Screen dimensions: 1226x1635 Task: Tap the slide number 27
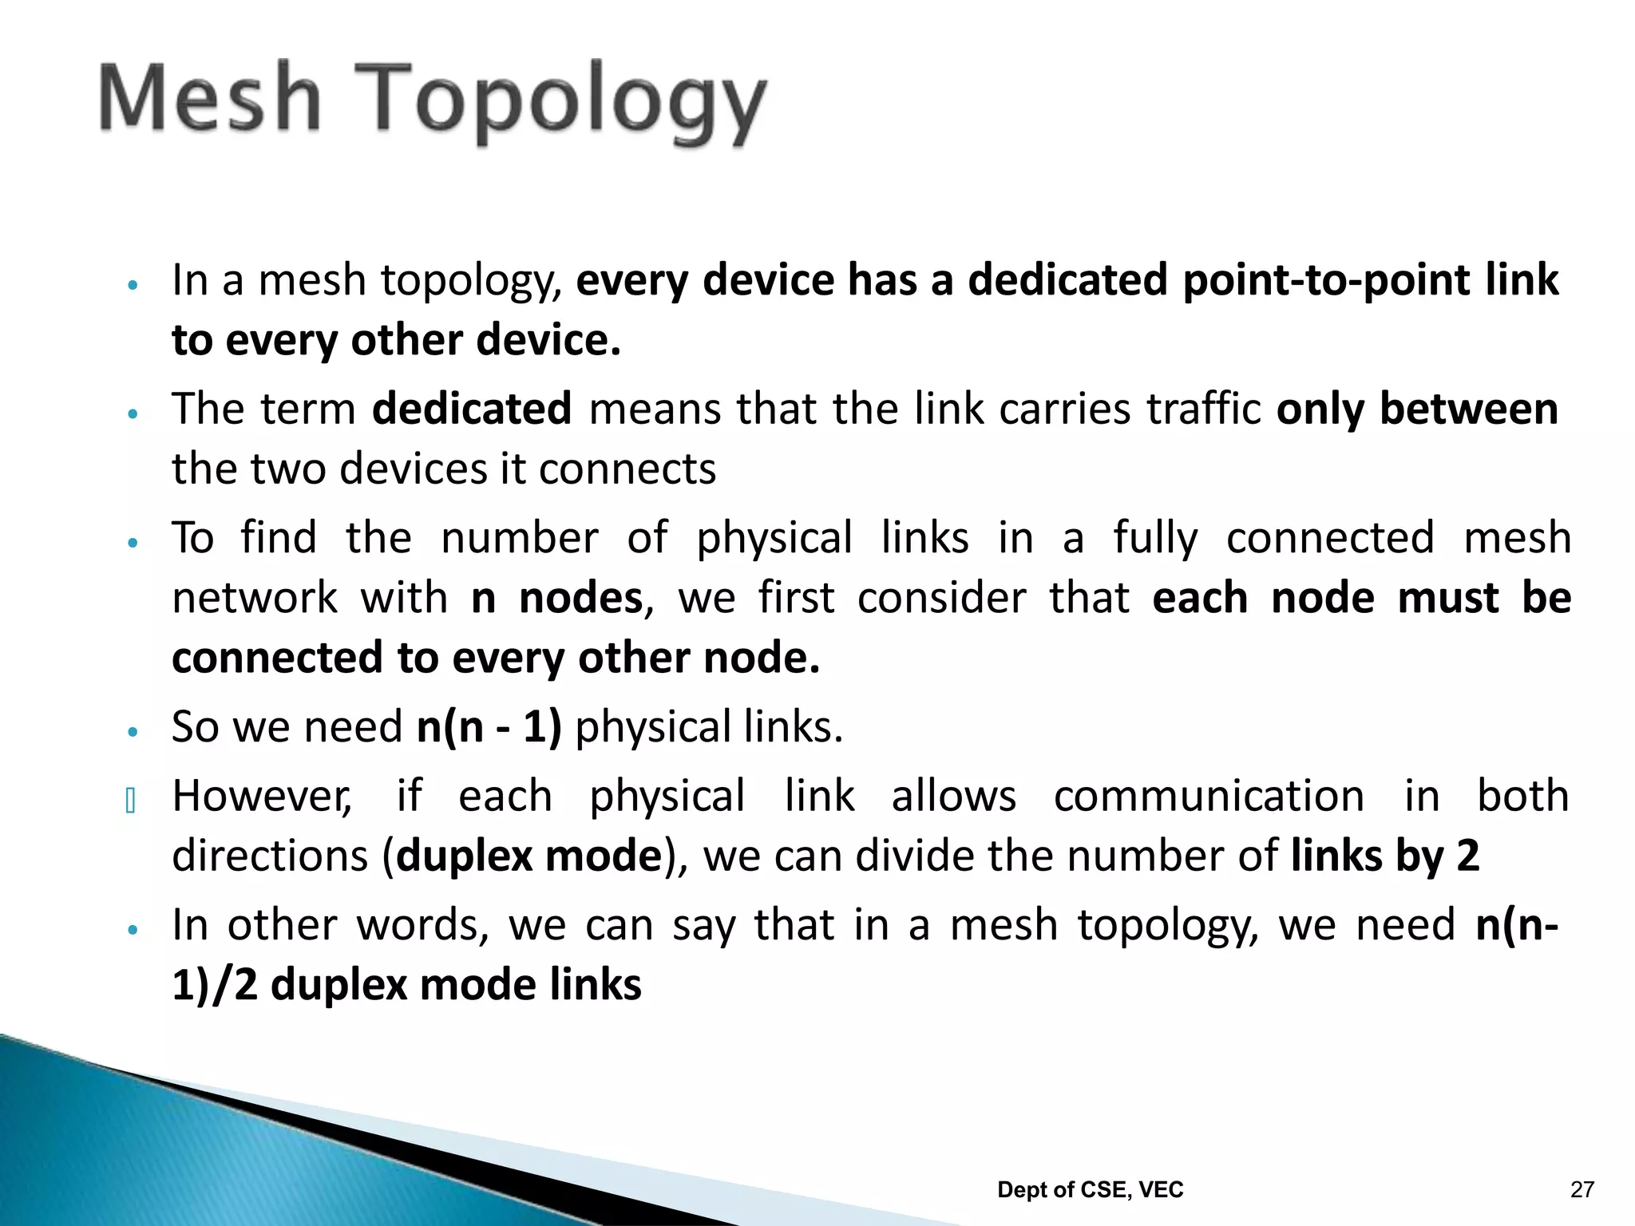click(x=1582, y=1190)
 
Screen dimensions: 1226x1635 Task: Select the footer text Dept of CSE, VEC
click(x=1090, y=1190)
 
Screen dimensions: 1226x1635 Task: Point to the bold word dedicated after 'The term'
click(x=472, y=409)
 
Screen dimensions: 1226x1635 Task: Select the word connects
click(x=627, y=469)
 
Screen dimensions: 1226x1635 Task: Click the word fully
click(x=1155, y=538)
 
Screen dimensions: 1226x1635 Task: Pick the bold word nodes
click(x=580, y=598)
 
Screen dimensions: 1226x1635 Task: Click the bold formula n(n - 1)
click(x=489, y=727)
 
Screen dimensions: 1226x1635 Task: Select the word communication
click(x=1209, y=797)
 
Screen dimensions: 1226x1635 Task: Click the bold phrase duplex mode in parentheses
click(x=529, y=856)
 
